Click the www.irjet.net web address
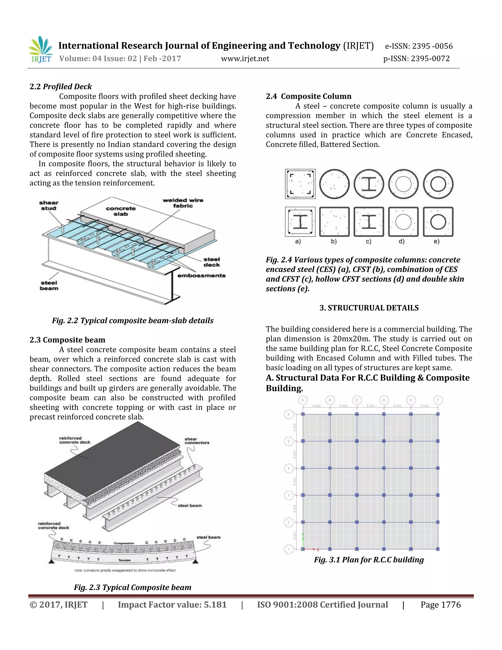(245, 59)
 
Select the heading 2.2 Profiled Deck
(61, 87)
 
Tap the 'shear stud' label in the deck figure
(49, 205)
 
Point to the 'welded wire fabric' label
(183, 203)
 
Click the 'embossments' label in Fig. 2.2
(201, 276)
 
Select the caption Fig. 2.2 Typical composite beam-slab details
(133, 321)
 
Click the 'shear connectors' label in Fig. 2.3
(197, 441)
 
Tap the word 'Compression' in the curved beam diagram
(124, 543)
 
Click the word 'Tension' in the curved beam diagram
(124, 560)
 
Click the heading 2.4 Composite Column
(308, 96)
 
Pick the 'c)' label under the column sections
(368, 242)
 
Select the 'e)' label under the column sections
(436, 242)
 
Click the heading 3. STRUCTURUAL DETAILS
(369, 308)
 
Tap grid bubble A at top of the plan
(303, 400)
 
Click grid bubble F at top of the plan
(438, 400)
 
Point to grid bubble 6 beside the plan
(289, 414)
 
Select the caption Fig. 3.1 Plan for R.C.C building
(369, 560)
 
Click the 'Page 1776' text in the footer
(440, 605)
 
